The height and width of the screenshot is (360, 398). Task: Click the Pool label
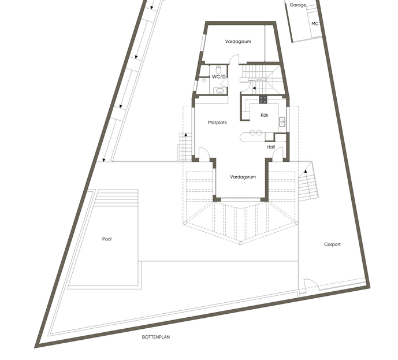coord(107,239)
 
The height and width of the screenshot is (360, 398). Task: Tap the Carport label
coord(332,244)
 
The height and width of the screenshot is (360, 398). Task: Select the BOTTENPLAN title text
coord(156,337)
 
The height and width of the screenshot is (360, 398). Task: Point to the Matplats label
coord(217,123)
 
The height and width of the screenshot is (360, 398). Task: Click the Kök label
coord(265,115)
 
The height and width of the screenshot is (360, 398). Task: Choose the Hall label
coord(271,147)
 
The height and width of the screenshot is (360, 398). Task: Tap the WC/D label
coord(219,76)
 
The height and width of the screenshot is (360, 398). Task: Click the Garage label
coord(297,5)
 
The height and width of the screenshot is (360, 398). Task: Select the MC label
coord(315,23)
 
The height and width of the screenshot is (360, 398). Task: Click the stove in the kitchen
coord(263,99)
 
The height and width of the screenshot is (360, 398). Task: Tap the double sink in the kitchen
coord(282,121)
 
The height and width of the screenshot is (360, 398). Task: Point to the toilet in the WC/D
coord(218,69)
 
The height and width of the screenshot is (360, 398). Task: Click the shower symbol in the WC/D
coord(204,80)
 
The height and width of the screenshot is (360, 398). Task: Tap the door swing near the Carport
coord(312,283)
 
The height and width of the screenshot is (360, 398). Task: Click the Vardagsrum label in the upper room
coord(238,42)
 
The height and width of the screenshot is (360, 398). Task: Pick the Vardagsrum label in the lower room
coord(243,177)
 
